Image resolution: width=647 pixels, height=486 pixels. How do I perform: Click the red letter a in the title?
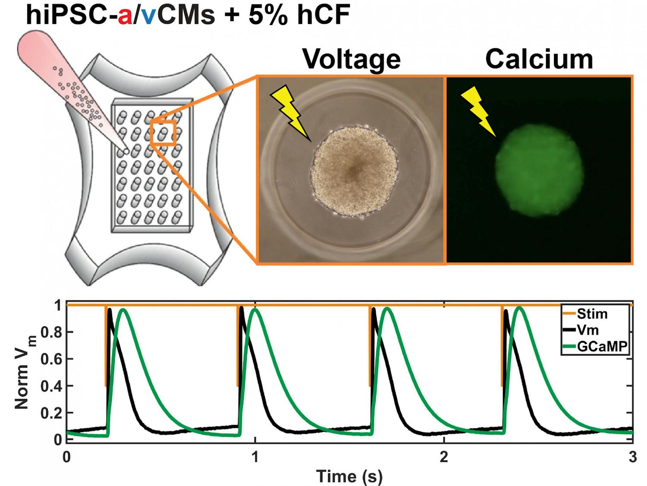coord(125,16)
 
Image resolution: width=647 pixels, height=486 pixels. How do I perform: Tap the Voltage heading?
coord(351,59)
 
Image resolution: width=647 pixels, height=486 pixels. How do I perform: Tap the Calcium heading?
coord(539,59)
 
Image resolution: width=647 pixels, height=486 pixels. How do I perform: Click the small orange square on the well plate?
coord(163,132)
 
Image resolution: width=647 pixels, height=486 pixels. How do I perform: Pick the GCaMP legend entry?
coord(601,346)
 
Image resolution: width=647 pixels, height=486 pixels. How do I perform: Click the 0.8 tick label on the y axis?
coord(51,332)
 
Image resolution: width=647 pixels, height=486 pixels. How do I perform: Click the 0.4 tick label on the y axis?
coord(51,386)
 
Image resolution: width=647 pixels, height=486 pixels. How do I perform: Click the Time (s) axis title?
coord(349,476)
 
